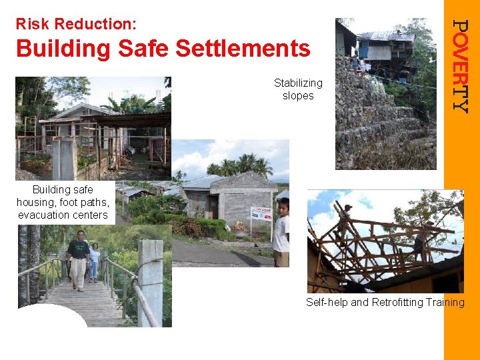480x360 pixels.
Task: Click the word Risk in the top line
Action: click(33, 25)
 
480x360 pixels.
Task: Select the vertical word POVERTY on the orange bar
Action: click(461, 65)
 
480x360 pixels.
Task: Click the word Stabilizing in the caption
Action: click(298, 83)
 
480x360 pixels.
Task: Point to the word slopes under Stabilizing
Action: click(298, 96)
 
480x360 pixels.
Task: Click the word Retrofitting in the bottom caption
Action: click(393, 303)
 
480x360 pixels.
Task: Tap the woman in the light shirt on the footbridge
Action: click(95, 261)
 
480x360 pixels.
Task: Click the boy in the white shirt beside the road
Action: click(282, 231)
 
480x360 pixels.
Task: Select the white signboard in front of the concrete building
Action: click(261, 214)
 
